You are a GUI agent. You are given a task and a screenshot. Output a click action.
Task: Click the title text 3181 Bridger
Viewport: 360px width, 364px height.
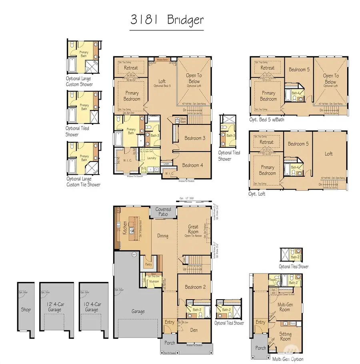coord(167,20)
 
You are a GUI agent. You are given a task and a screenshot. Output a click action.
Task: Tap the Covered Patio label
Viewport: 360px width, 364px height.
coord(163,212)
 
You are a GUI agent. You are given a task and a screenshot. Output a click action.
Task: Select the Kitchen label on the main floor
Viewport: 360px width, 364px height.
coord(125,228)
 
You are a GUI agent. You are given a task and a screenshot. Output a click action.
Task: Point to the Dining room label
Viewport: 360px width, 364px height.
coord(163,236)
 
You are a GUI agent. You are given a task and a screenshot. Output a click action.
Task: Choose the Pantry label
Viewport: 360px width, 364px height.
coord(148,264)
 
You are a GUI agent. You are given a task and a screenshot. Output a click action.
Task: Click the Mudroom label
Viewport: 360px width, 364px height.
coord(154,282)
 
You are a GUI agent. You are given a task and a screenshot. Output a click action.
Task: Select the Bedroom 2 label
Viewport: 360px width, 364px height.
coord(196,287)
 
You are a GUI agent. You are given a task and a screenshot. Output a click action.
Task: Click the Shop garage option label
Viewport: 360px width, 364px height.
coord(26,310)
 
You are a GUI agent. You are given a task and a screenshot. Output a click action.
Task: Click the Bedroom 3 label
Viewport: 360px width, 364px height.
coord(195,138)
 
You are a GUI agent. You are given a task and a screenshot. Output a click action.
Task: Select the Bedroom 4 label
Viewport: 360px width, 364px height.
coord(193,165)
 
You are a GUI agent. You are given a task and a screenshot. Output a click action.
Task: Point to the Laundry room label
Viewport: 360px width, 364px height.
coord(151,158)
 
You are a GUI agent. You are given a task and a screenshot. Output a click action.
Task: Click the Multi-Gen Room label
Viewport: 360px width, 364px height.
coord(284,307)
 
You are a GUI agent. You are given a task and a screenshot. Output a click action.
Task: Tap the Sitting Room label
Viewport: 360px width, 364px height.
coord(285,336)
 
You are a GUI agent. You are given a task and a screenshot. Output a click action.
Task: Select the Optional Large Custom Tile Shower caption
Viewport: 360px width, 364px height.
coord(83,182)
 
